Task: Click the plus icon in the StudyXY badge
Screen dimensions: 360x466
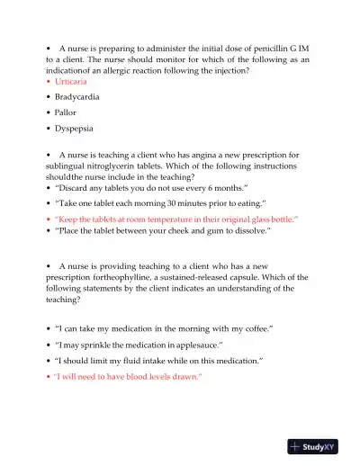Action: click(295, 446)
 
